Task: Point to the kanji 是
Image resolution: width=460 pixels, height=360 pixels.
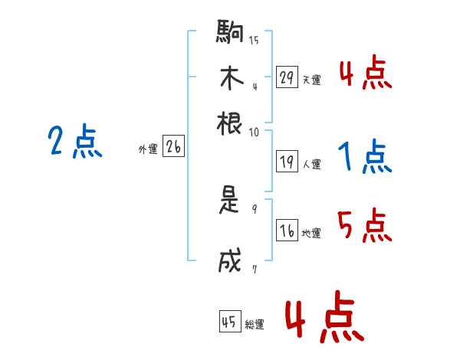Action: pos(231,201)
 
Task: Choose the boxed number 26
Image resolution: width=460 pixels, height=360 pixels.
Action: pos(173,148)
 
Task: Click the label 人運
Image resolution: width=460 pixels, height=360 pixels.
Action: pos(312,164)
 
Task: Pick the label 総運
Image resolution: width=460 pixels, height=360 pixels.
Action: pos(255,325)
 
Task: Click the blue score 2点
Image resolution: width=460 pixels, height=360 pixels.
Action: pos(75,142)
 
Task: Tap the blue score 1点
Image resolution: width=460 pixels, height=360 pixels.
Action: pos(364,158)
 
